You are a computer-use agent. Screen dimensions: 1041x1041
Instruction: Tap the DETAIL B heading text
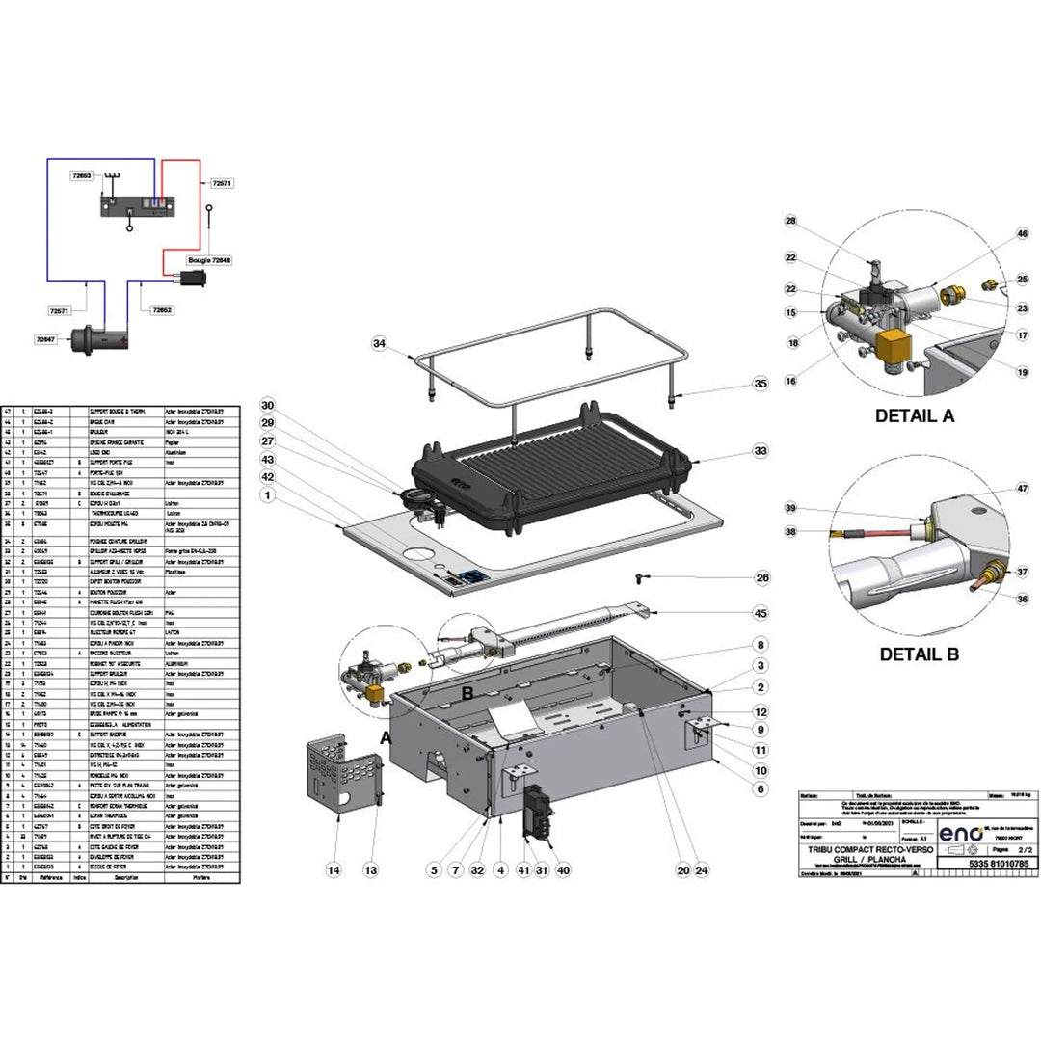[919, 654]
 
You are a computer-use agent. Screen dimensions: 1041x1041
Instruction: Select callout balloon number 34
[380, 344]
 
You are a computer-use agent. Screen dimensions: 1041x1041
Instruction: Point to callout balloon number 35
[761, 384]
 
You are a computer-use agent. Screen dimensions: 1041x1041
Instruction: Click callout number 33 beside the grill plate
[761, 450]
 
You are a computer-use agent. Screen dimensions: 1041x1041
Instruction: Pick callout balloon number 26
[762, 578]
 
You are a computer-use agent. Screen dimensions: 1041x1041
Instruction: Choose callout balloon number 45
[761, 613]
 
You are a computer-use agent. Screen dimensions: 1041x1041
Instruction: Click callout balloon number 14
[334, 870]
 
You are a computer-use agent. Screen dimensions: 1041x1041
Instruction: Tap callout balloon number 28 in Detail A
[791, 222]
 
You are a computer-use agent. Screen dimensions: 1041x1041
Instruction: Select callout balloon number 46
[1022, 234]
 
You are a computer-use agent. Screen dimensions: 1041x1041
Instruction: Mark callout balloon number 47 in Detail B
[1022, 490]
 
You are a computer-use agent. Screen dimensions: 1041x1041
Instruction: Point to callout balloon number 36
[1022, 599]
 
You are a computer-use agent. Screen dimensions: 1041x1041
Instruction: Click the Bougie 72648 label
[208, 260]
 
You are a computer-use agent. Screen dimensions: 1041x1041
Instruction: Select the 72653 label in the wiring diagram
[81, 176]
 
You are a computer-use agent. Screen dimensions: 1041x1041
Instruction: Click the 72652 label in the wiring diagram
[161, 310]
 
